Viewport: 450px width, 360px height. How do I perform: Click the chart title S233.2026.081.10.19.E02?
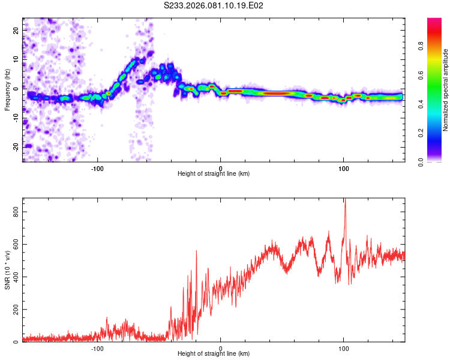214,5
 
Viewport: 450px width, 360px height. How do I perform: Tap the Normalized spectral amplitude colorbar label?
446,91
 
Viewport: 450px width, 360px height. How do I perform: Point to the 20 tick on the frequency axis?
16,29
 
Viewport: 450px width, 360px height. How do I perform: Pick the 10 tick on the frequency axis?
16,59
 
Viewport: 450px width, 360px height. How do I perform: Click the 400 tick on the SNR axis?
13,277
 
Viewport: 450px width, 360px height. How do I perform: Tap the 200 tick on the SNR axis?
13,310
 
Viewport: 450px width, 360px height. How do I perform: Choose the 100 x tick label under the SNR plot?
344,349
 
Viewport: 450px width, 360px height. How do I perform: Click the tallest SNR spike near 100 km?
345,200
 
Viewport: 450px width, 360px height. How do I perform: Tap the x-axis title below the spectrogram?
214,174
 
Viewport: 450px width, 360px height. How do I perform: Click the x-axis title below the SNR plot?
214,354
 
